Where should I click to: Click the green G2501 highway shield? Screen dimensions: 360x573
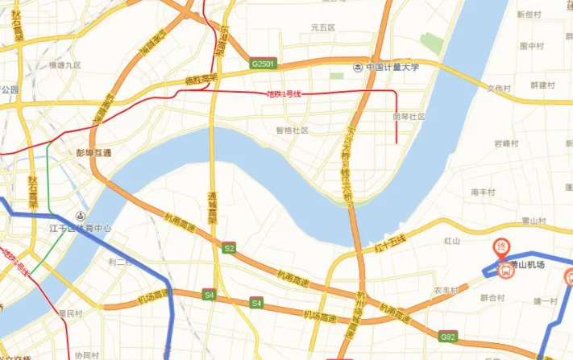click(x=264, y=63)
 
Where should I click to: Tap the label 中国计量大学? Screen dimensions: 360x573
click(x=392, y=68)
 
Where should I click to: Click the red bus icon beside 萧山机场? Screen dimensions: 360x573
click(x=506, y=271)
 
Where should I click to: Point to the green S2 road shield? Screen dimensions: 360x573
click(x=229, y=249)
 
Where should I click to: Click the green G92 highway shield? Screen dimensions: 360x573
click(x=448, y=336)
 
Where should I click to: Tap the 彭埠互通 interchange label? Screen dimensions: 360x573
click(x=93, y=152)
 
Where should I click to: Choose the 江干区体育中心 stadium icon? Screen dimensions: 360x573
click(x=80, y=217)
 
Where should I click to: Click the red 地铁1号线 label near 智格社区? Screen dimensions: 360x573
click(x=284, y=94)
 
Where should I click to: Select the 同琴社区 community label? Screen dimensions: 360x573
click(x=408, y=116)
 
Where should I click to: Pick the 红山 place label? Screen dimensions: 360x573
click(x=451, y=241)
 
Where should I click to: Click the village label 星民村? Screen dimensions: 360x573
click(x=70, y=312)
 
